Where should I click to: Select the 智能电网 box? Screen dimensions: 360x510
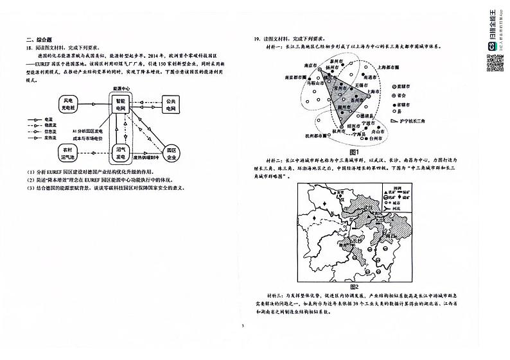pos(120,105)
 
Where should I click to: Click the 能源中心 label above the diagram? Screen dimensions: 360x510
pos(120,89)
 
